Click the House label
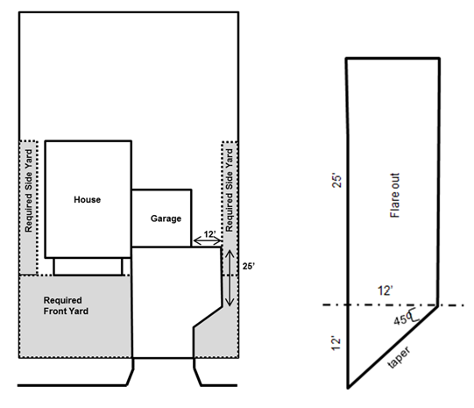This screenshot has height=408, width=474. pos(87,200)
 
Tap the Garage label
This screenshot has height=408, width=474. pos(166,218)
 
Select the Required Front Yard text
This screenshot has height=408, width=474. pos(66,305)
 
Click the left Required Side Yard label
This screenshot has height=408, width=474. pos(28,190)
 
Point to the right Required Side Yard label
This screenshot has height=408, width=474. pos(230,190)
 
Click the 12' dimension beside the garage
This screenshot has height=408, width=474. pos(209,234)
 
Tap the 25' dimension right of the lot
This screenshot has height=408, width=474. pos(249,267)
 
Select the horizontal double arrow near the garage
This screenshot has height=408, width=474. pos(208,241)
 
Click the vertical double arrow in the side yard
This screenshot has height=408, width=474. pos(230,278)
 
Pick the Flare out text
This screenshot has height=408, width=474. pos(395,195)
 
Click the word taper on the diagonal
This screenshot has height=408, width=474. pos(399,357)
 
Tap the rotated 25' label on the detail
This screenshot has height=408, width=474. pos(336,181)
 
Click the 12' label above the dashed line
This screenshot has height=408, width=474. pos(386,290)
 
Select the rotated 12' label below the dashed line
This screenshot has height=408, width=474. pos(336,342)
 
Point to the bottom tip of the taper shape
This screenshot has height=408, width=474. pos(348,388)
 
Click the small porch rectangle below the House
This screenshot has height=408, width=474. pos(88,267)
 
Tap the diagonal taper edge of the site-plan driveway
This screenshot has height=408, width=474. pos(208,317)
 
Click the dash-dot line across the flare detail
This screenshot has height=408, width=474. pos(393,304)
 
